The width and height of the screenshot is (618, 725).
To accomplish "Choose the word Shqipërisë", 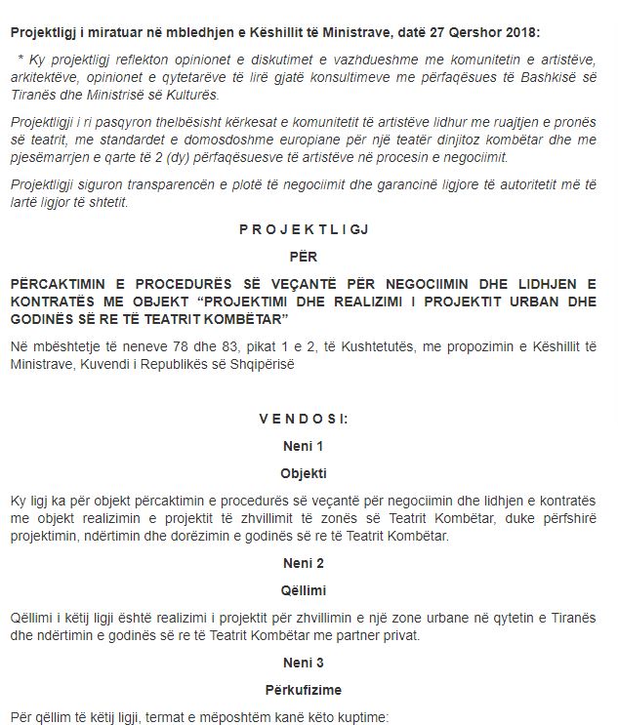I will (x=275, y=364).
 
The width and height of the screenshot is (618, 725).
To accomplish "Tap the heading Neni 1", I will (x=309, y=446).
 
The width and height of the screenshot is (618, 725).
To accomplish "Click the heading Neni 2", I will (x=309, y=563).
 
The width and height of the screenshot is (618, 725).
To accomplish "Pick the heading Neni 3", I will (x=309, y=663).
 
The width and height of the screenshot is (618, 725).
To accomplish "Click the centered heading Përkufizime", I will (x=309, y=689).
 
